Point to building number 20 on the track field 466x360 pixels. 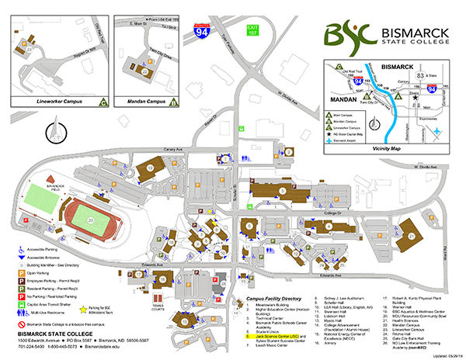pos(92,220)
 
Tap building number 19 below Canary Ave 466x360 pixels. pos(149,167)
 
